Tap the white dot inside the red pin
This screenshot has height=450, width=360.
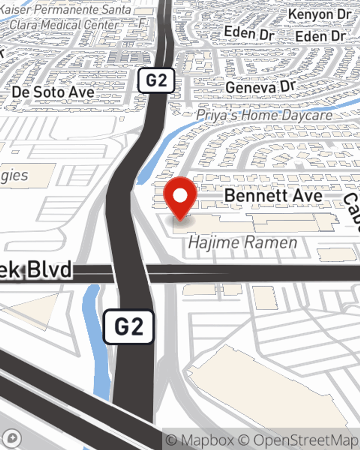coord(180,196)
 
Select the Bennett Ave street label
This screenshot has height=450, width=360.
coord(273,195)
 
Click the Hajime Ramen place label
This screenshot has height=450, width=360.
coord(243,242)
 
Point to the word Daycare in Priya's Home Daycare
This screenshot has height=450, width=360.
coord(307,115)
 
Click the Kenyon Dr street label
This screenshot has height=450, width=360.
coord(319,14)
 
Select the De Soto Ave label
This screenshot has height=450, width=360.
coord(53,92)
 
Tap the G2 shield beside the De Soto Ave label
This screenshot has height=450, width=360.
coord(156,80)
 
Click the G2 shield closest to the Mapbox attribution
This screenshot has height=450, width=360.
coord(129,327)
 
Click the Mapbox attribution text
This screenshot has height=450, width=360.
coord(200,440)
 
